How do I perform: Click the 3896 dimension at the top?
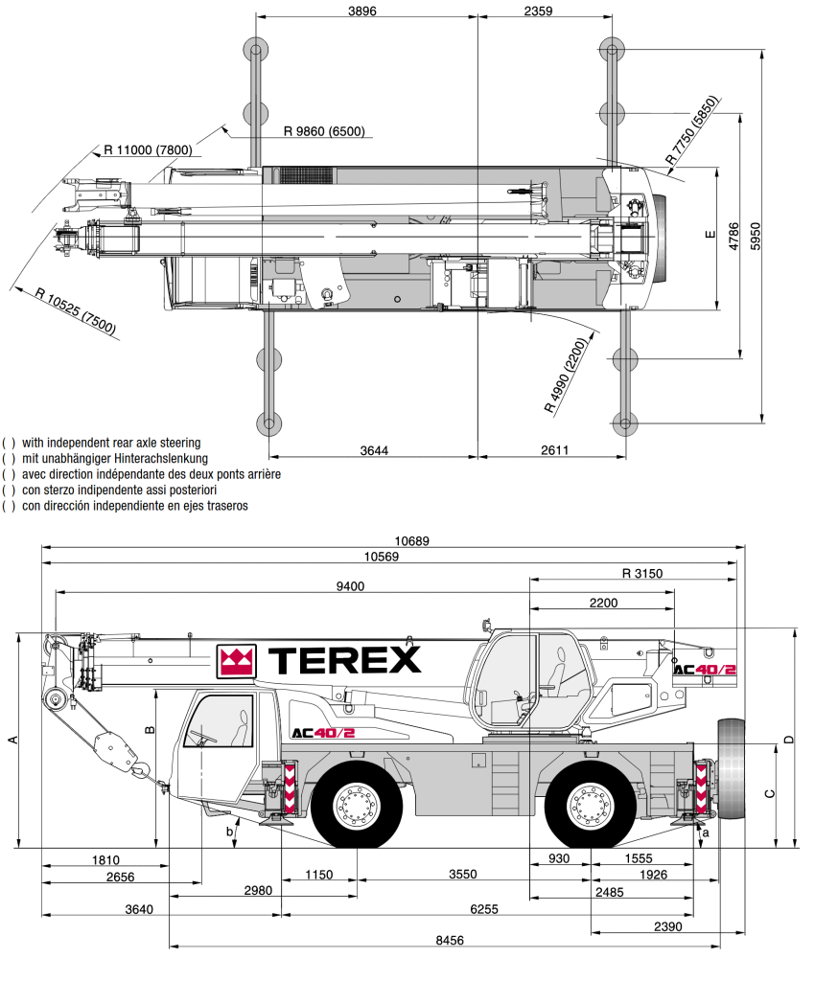(362, 11)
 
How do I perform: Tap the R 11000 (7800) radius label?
(148, 149)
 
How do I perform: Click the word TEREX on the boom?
(344, 659)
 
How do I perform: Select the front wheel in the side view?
(358, 803)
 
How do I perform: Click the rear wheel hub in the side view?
(591, 803)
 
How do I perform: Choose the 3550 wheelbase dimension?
(463, 875)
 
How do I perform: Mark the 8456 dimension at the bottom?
(449, 940)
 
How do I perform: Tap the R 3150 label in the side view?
(641, 574)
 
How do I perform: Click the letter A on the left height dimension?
(12, 740)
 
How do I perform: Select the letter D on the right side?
(788, 740)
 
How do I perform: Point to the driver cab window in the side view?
(221, 722)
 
